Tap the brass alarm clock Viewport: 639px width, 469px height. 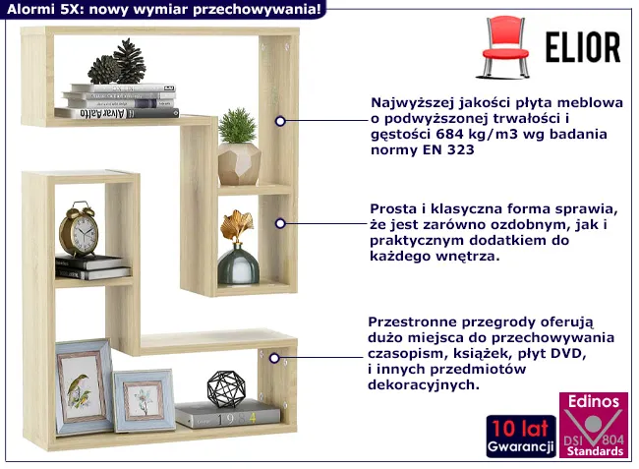(79, 230)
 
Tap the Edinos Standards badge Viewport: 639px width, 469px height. (593, 425)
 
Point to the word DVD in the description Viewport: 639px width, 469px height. (566, 354)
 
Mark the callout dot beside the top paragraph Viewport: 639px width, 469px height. (280, 121)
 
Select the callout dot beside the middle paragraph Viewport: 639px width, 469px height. (280, 224)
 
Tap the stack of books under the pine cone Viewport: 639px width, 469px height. (117, 100)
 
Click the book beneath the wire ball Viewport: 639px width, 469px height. (228, 415)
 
